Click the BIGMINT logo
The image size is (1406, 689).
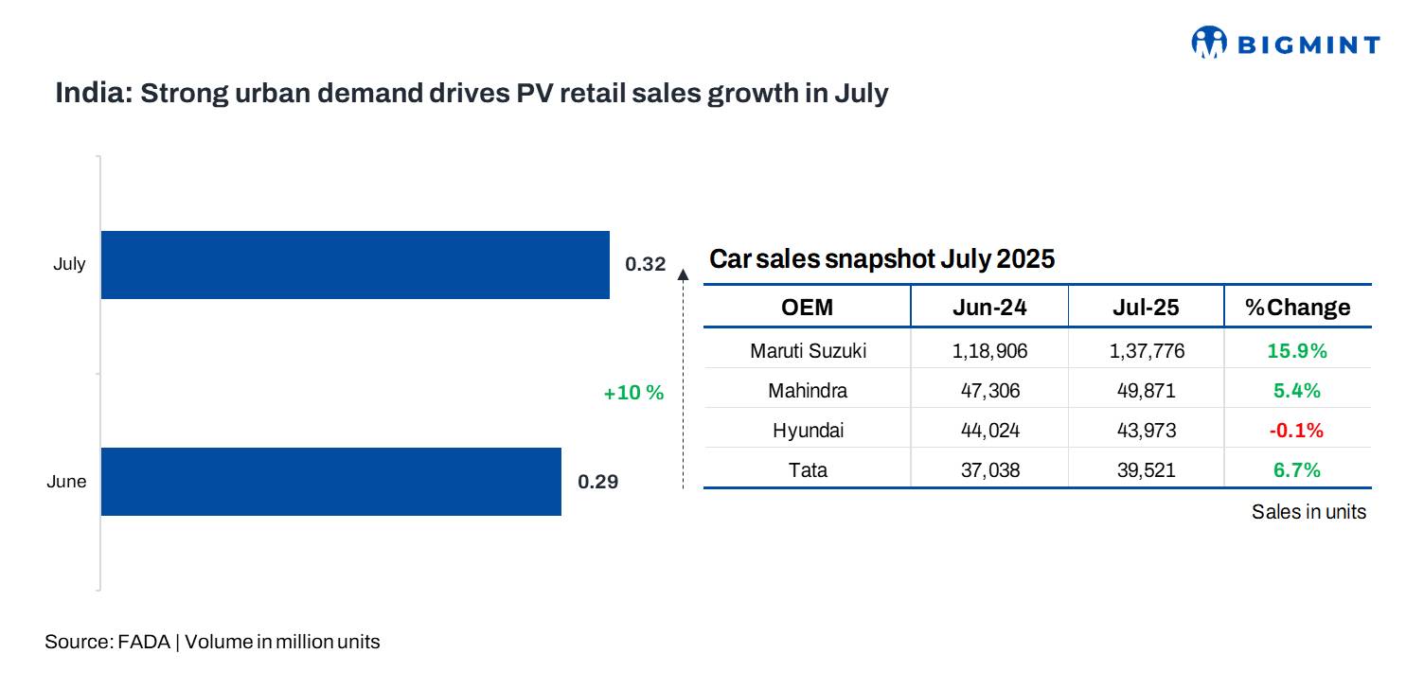point(1285,43)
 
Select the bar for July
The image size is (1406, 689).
point(355,265)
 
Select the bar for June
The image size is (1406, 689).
point(330,482)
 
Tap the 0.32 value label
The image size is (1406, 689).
point(646,264)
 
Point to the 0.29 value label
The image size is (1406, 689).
point(597,482)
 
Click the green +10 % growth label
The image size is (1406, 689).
point(633,393)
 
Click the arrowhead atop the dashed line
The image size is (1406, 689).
point(683,274)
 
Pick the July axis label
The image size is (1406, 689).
point(69,264)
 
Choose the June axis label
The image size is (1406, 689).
point(66,482)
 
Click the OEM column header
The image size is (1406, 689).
point(807,308)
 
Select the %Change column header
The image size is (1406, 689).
point(1297,308)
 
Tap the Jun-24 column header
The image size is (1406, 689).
point(989,308)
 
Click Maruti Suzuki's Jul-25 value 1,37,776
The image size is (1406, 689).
point(1147,351)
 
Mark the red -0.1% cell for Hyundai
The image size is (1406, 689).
point(1296,431)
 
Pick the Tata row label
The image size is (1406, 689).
point(808,470)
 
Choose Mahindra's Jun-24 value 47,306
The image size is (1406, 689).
point(989,391)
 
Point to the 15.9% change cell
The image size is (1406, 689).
point(1297,351)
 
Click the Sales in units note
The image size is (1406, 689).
point(1308,512)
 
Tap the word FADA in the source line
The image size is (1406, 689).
point(144,642)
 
